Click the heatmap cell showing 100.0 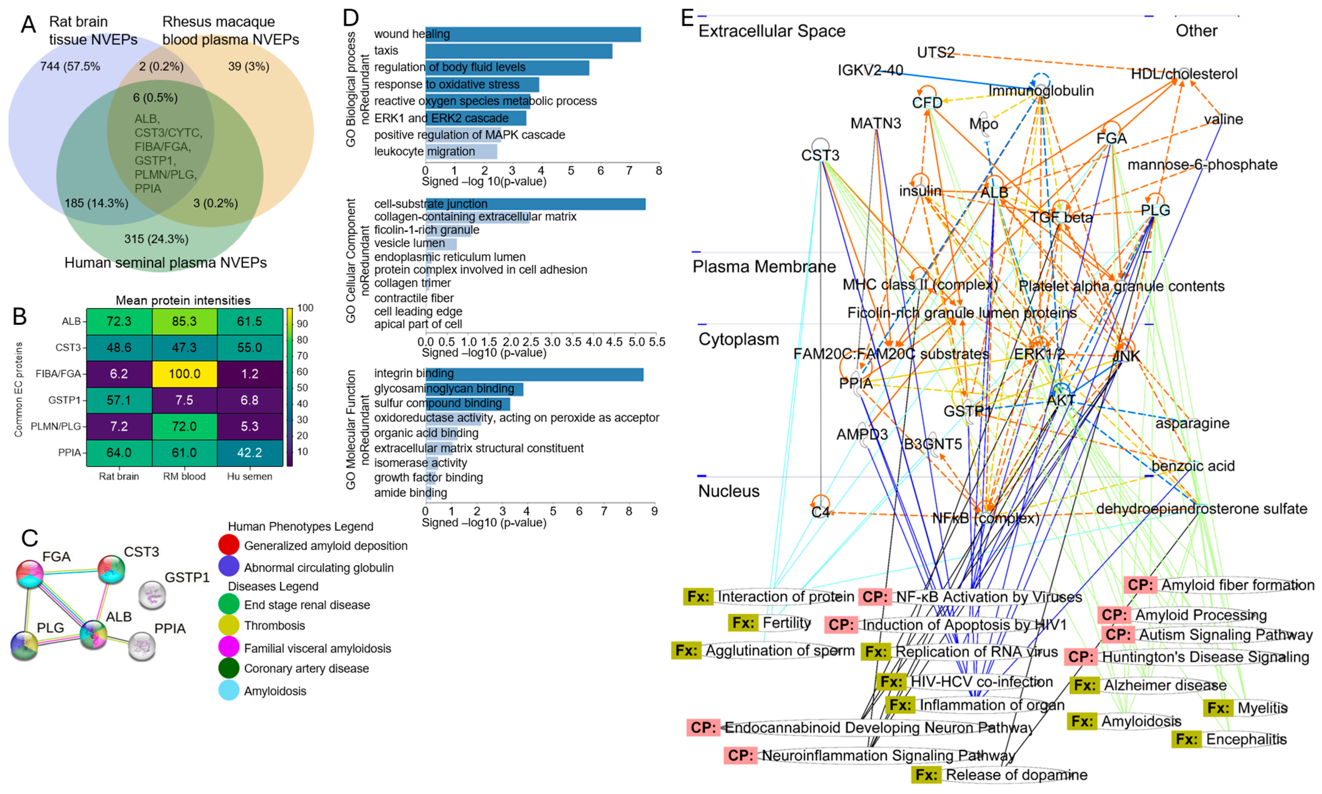[x=184, y=374]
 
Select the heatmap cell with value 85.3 [x=184, y=321]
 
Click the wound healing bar [x=533, y=34]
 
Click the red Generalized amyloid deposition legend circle [x=229, y=545]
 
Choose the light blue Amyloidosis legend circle [x=229, y=690]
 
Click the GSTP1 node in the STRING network [x=152, y=595]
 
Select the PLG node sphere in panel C [x=24, y=645]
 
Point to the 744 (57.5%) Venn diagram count [x=70, y=66]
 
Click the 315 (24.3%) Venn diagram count [x=156, y=239]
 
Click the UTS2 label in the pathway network [x=936, y=52]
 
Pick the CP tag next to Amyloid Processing [x=1114, y=615]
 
